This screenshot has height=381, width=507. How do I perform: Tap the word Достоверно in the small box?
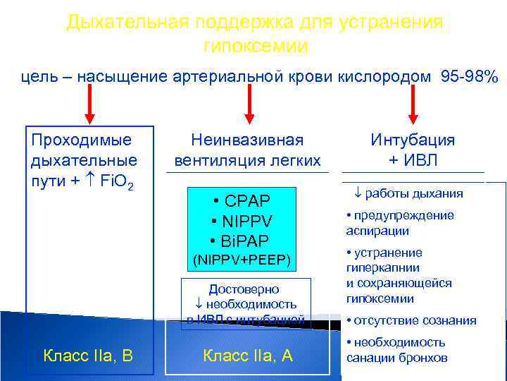[244, 289]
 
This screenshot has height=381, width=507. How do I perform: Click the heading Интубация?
[413, 140]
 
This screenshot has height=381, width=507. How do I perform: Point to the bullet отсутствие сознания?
[411, 320]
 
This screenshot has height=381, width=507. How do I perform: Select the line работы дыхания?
[408, 193]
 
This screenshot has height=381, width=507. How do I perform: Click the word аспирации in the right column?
[377, 231]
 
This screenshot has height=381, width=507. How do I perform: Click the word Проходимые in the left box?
[82, 140]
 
